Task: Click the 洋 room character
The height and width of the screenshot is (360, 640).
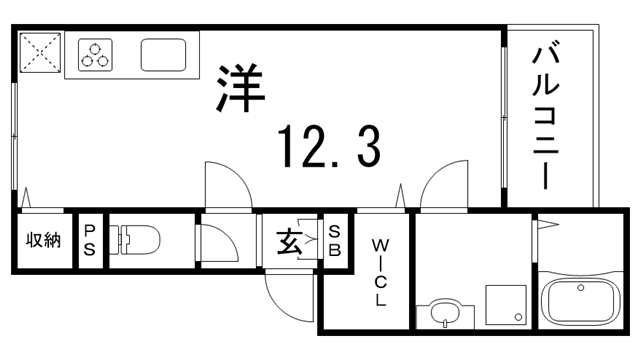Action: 239,87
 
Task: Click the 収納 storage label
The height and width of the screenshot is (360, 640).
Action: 42,240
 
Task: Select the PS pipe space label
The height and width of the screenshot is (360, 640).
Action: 90,240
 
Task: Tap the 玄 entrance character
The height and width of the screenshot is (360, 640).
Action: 289,241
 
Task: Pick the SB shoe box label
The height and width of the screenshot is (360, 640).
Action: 334,240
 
